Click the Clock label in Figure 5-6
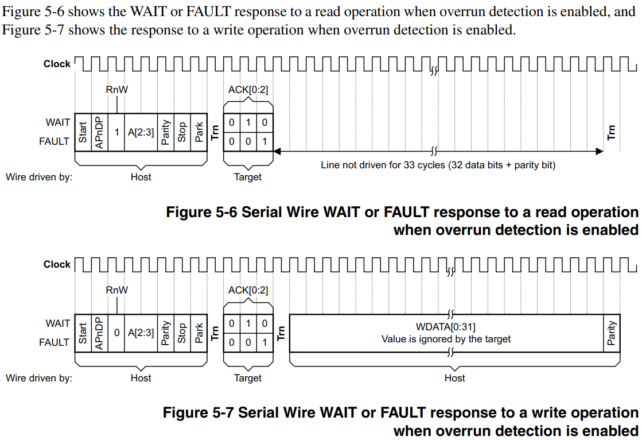57,64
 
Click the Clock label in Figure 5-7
57,264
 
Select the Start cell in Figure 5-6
83,132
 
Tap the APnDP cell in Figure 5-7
99,333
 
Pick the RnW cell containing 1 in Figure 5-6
116,132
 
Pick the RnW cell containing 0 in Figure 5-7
116,333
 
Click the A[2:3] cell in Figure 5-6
141,132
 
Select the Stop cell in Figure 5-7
182,333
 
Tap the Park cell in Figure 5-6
199,132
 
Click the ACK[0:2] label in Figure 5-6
248,90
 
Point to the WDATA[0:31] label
445,327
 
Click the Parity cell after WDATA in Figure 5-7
612,333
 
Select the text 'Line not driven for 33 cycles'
384,165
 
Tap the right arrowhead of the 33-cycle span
600,151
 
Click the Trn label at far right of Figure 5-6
611,132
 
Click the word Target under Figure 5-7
248,378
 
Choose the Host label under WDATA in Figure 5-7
454,378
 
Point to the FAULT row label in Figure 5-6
54,141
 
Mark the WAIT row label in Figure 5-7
57,323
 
